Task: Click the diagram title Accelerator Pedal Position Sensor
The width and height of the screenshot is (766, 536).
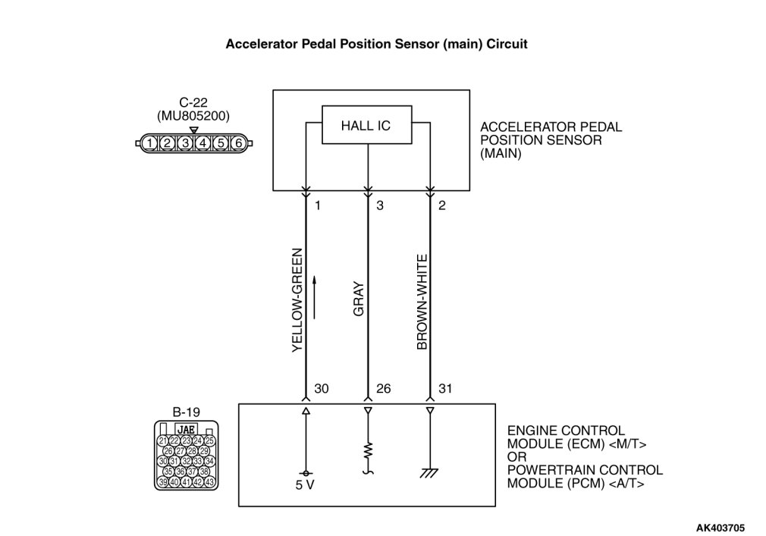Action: [376, 44]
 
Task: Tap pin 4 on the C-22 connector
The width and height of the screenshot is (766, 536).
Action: [203, 143]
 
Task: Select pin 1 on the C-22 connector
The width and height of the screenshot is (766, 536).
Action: [151, 143]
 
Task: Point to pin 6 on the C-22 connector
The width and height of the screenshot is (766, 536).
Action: [237, 143]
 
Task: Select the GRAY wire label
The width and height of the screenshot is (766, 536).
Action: [359, 299]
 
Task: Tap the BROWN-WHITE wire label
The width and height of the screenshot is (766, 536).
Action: [422, 302]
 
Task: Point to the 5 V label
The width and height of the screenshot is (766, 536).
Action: [306, 484]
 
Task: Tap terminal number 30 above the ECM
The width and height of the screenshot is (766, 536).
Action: [321, 389]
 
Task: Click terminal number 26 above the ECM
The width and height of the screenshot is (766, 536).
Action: [383, 389]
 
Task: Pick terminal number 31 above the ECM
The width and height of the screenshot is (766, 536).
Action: [445, 389]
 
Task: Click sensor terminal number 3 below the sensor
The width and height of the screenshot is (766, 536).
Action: [379, 205]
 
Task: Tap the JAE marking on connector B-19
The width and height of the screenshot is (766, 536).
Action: [186, 429]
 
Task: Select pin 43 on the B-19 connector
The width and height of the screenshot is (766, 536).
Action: [210, 481]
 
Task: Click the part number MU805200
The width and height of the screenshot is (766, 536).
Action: [193, 116]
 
